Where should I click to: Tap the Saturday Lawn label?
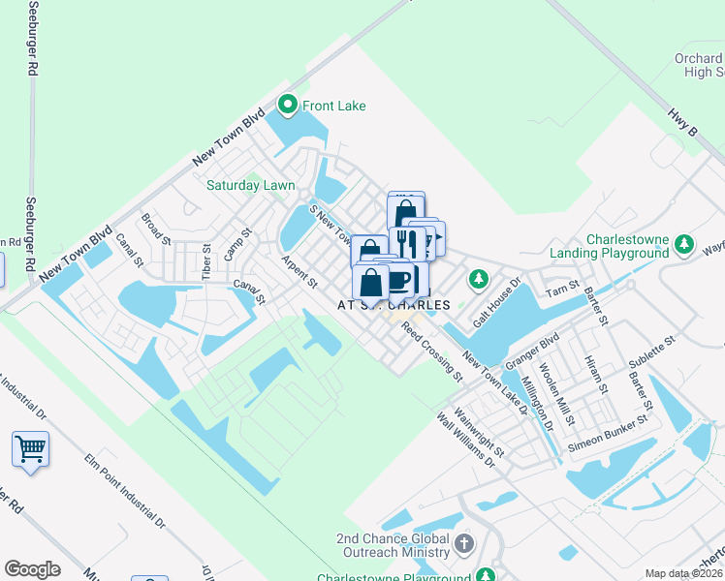[x=250, y=185]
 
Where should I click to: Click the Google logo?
[x=32, y=569]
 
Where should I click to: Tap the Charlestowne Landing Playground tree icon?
[x=684, y=242]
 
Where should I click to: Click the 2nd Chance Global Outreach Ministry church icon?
[x=464, y=543]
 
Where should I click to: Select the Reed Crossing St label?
[x=432, y=352]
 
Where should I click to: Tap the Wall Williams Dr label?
[x=466, y=442]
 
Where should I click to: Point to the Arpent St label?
[x=299, y=271]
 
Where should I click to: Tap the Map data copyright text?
[x=684, y=573]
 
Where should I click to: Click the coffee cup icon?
[x=398, y=281]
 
